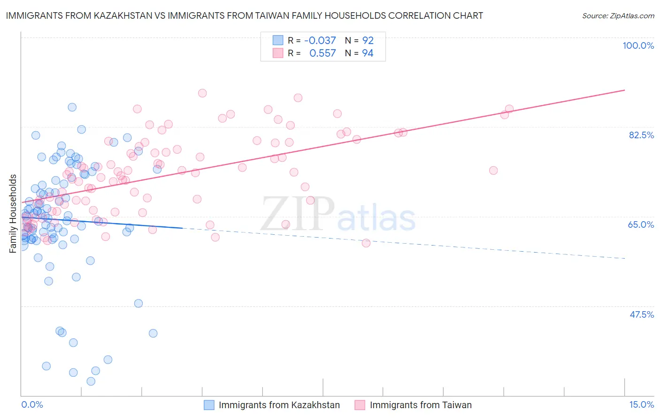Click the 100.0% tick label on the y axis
tap(638, 45)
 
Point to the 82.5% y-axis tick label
tap(641, 135)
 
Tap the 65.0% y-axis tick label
tap(641, 224)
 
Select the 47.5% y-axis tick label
tap(641, 314)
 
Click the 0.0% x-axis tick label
tap(32, 404)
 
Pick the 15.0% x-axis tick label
tap(641, 404)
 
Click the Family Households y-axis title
tap(13, 214)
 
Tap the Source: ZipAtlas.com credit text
tap(618, 16)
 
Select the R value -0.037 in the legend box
tap(320, 41)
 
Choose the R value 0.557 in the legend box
tap(322, 53)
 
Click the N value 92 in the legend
tap(368, 41)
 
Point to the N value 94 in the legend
tap(368, 53)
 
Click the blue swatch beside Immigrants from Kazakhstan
tap(209, 405)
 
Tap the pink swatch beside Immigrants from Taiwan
tap(360, 405)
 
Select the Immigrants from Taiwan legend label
tap(421, 405)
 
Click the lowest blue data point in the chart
tap(91, 381)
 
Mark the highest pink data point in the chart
tap(202, 93)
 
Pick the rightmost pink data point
tap(509, 109)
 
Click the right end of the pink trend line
tap(625, 90)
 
